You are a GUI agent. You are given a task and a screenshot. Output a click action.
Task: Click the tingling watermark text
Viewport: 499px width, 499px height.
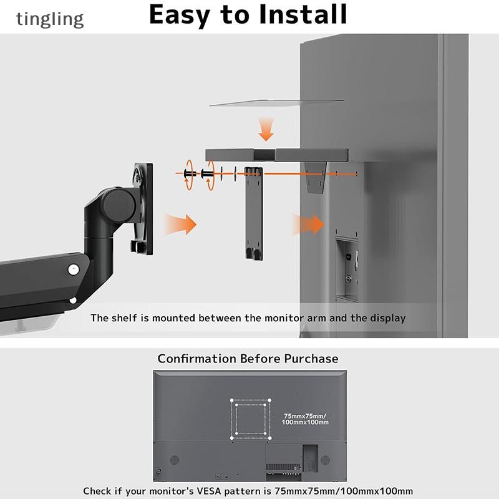click(50, 19)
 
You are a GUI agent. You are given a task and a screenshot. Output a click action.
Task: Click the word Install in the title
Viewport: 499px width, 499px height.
click(303, 14)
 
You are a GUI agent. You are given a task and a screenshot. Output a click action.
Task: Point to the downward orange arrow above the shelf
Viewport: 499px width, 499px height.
click(266, 129)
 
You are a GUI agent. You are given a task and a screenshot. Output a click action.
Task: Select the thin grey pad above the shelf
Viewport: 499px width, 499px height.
click(276, 102)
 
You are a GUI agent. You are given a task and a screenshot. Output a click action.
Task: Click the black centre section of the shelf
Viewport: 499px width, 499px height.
click(264, 155)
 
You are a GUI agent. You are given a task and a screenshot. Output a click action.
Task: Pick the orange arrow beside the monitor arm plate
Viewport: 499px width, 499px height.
click(180, 225)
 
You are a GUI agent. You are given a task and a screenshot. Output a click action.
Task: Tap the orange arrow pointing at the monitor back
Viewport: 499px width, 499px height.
click(308, 225)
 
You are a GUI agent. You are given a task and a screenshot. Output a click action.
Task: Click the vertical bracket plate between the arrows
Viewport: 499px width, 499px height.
click(254, 213)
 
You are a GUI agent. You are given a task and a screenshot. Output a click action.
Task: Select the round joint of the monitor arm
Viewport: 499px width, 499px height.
click(119, 205)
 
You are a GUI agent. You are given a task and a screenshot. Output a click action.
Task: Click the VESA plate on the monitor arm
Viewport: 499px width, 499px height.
click(143, 208)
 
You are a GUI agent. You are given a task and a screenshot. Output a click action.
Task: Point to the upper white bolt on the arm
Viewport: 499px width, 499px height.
click(74, 270)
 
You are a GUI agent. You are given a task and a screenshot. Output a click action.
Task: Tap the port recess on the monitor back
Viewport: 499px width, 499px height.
click(347, 268)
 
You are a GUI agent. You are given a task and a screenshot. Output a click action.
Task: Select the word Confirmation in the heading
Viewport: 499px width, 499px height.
click(196, 359)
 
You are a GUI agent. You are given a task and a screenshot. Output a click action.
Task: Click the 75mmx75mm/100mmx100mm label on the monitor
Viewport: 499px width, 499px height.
click(305, 419)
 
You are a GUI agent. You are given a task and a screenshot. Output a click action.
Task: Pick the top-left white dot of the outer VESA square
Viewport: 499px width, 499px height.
click(231, 400)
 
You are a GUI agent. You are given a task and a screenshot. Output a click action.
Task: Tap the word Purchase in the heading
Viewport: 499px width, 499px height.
click(311, 359)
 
